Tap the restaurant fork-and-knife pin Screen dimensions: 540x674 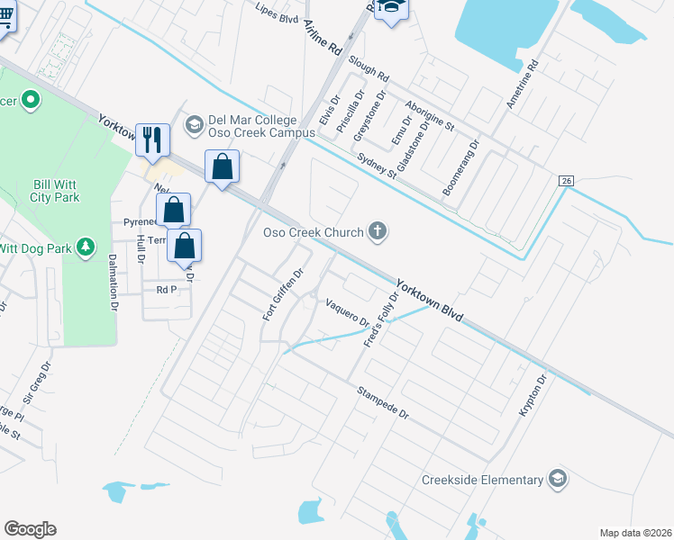[x=151, y=139]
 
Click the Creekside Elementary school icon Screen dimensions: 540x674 [x=558, y=479]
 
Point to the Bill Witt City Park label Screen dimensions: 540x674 [x=56, y=191]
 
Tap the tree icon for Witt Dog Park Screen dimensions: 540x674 [x=86, y=246]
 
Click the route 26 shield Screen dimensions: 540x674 [x=566, y=181]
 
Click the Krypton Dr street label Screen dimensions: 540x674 [x=532, y=396]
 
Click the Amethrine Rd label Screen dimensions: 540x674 [x=521, y=85]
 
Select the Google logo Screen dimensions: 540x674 [x=30, y=529]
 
